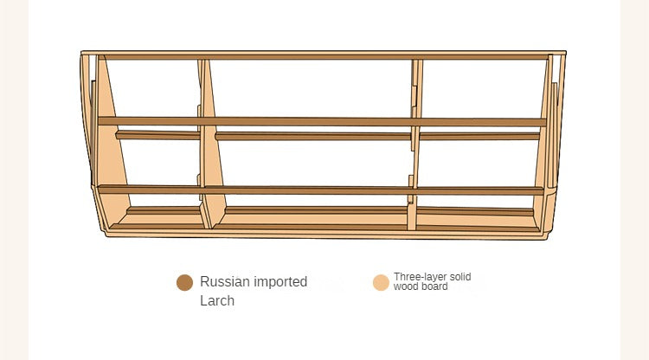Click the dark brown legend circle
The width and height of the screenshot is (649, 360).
click(184, 283)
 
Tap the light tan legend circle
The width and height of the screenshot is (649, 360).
click(381, 283)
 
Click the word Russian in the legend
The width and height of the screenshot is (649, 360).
click(225, 282)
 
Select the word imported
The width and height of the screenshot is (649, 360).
click(280, 282)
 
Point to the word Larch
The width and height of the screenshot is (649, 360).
click(217, 301)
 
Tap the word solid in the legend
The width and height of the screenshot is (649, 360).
click(460, 276)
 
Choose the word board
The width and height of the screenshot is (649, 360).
click(434, 286)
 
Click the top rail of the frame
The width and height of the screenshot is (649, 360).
click(324, 55)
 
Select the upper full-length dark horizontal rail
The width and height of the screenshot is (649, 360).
click(322, 121)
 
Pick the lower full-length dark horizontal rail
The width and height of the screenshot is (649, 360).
click(321, 190)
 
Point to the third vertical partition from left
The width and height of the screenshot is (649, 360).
click(414, 145)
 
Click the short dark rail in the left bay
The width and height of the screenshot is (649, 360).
click(157, 135)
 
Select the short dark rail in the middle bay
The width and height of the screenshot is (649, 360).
click(313, 136)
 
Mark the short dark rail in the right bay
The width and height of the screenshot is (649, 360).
click(479, 136)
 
